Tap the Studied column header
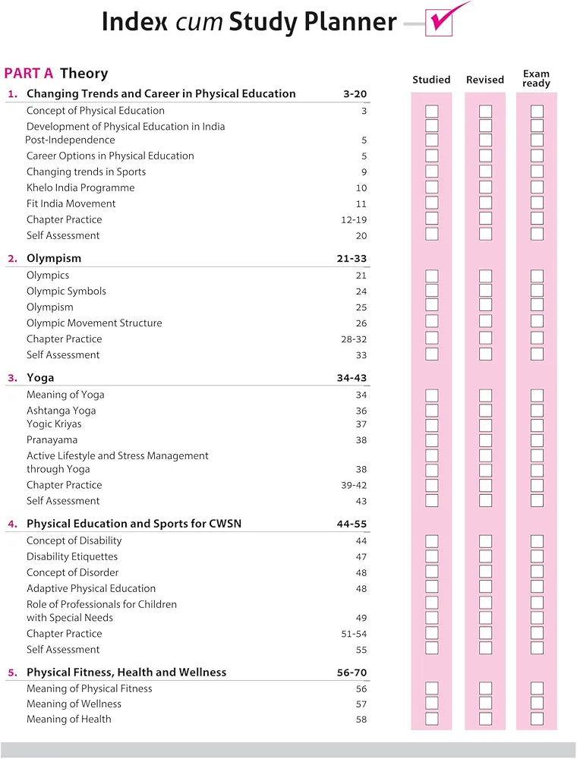point(431,80)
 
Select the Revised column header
point(485,80)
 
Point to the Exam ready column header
point(536,79)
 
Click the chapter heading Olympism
point(54,259)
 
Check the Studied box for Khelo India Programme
point(432,187)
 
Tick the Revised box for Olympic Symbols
point(486,291)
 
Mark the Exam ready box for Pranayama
point(537,440)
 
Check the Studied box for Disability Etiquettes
point(432,556)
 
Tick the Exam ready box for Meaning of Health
point(537,719)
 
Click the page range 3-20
point(355,94)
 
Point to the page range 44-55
point(352,524)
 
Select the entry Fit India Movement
point(71,203)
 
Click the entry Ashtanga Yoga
point(61,411)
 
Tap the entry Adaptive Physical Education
point(91,588)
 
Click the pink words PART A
point(29,74)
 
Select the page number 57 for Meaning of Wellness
point(361,704)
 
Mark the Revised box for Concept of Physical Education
point(486,112)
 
